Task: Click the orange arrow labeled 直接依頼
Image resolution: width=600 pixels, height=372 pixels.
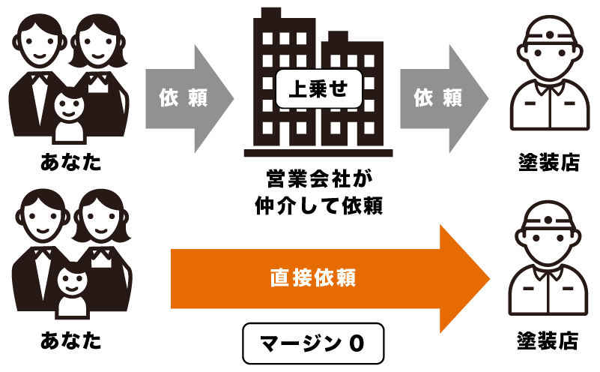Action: point(315,278)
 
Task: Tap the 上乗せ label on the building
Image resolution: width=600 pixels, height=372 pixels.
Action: point(318,88)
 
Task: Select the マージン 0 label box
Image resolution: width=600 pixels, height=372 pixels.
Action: point(313,343)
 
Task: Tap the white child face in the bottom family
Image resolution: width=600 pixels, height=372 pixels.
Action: point(72,282)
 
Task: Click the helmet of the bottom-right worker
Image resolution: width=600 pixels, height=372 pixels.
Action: point(549,217)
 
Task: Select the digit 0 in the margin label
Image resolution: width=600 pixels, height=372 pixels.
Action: point(357,343)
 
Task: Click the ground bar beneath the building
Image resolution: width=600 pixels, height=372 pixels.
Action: point(318,153)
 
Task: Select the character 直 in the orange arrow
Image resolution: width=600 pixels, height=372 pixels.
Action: point(279,278)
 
